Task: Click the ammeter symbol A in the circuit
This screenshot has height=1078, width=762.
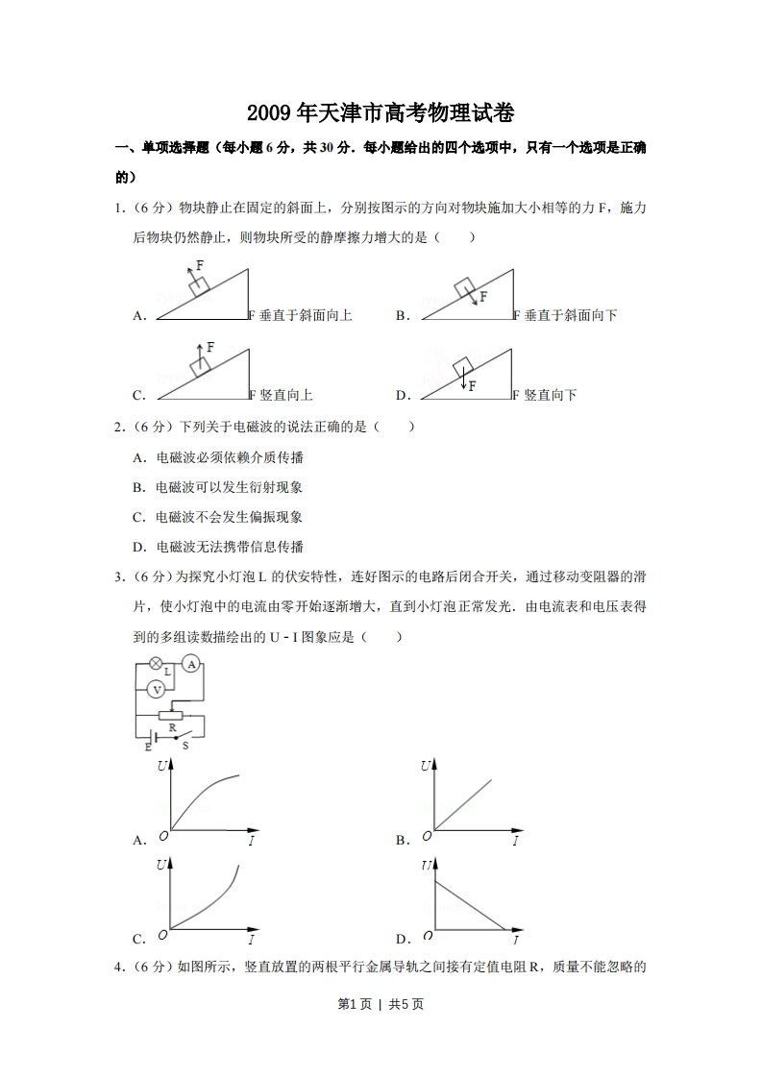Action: pyautogui.click(x=190, y=665)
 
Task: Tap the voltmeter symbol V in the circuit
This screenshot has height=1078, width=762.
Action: pyautogui.click(x=155, y=688)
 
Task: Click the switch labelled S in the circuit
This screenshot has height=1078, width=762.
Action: pyautogui.click(x=178, y=737)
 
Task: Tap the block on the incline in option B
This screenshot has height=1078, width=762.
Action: pyautogui.click(x=465, y=287)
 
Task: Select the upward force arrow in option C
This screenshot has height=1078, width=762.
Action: pyautogui.click(x=199, y=351)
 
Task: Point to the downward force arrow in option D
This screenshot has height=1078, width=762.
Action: pyautogui.click(x=462, y=381)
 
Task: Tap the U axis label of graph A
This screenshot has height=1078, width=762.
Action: pyautogui.click(x=160, y=767)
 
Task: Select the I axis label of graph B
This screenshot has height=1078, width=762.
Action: pyautogui.click(x=515, y=842)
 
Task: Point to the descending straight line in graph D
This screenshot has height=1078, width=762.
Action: pyautogui.click(x=471, y=905)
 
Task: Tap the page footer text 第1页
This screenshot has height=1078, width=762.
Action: pyautogui.click(x=354, y=1004)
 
